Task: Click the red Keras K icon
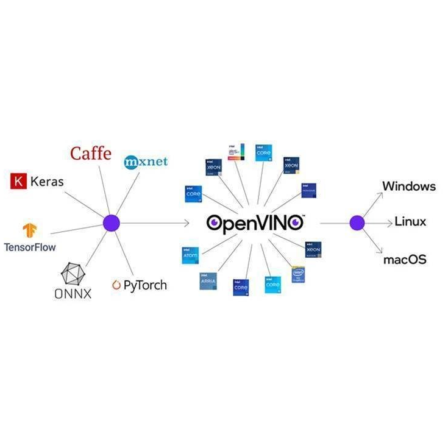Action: (x=20, y=181)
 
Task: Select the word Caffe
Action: (x=91, y=153)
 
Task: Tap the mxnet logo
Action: (x=145, y=162)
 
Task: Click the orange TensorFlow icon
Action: (x=29, y=230)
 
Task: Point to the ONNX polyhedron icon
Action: (x=75, y=274)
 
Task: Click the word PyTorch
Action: (x=145, y=285)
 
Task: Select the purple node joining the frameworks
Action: (x=111, y=223)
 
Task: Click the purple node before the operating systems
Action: (x=357, y=223)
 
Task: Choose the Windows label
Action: (x=408, y=186)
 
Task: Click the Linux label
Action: (x=410, y=222)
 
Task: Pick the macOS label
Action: (x=405, y=260)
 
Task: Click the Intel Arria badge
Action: (x=208, y=280)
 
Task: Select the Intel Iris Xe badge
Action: (x=236, y=152)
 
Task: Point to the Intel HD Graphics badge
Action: (x=298, y=274)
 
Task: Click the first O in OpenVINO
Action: (x=215, y=223)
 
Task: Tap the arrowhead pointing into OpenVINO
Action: (x=187, y=223)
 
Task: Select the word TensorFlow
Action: (x=29, y=247)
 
